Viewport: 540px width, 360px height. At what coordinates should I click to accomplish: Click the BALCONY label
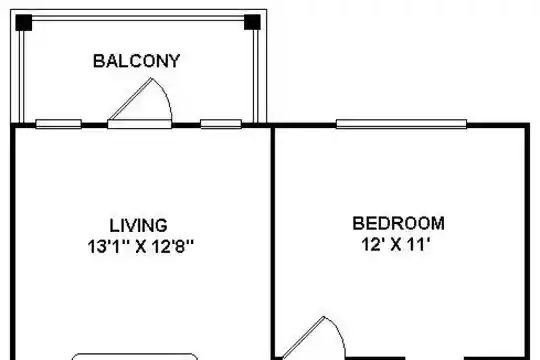(136, 61)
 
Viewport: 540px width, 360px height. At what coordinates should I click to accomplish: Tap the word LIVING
(138, 226)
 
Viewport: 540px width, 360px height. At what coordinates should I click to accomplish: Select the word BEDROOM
(398, 223)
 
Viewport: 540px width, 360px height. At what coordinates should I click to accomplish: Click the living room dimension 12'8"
(172, 246)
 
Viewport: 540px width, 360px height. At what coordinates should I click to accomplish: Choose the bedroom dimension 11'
(419, 244)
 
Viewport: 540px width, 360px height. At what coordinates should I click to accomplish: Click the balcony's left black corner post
(24, 22)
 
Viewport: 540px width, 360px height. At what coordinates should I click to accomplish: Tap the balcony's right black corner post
(252, 22)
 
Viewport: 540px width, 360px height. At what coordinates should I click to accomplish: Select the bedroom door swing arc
(339, 331)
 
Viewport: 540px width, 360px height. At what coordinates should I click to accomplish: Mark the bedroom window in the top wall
(402, 124)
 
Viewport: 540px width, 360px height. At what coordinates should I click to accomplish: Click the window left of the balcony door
(59, 124)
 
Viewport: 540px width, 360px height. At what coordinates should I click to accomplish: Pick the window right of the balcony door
(221, 124)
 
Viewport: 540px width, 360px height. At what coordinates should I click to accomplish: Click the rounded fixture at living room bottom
(135, 355)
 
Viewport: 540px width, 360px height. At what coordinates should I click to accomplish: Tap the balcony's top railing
(138, 18)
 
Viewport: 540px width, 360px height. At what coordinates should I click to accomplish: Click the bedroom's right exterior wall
(527, 241)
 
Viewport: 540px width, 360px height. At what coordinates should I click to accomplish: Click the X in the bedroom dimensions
(396, 245)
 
